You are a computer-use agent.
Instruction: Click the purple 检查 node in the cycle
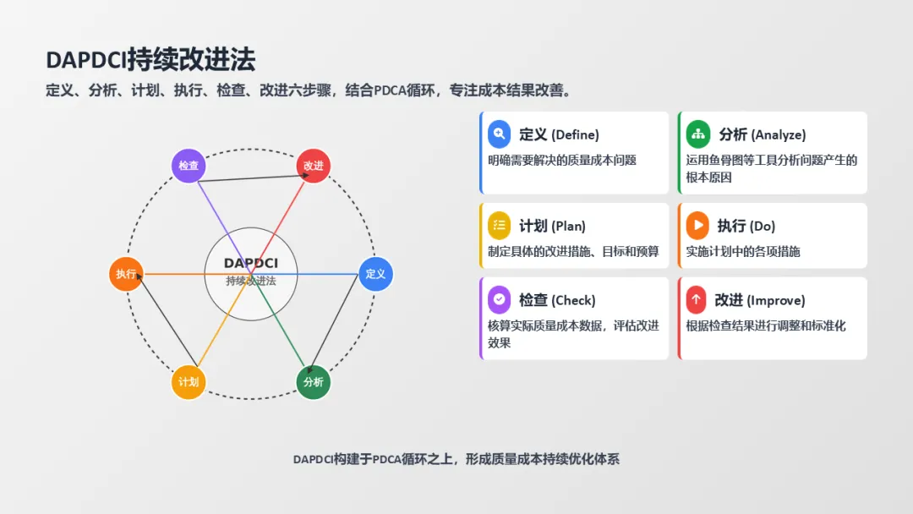coord(189,166)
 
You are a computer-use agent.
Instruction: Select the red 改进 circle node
coord(313,166)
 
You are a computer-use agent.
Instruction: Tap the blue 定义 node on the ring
coord(375,274)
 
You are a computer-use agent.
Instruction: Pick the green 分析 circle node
coord(313,382)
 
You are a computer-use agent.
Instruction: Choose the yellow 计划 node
coord(189,382)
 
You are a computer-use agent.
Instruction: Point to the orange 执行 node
coord(126,274)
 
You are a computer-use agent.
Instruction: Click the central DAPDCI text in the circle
coord(251,264)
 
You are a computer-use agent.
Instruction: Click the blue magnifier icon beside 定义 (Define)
coord(500,134)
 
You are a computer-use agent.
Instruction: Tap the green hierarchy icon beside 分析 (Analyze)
coord(698,134)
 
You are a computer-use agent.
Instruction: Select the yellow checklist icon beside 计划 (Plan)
coord(500,225)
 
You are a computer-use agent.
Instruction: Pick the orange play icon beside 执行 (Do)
coord(697,225)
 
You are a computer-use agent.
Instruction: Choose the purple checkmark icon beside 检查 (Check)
coord(500,299)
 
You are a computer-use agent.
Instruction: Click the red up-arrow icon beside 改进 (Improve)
coord(697,299)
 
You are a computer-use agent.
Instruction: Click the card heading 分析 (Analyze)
coord(762,134)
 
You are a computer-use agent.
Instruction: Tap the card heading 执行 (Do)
coord(746,226)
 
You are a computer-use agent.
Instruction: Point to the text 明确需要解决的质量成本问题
coord(562,160)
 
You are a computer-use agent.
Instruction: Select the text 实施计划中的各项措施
coord(743,251)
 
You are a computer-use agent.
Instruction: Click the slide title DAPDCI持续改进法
coord(150,60)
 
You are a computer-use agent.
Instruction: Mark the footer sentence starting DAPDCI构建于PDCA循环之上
coord(456,459)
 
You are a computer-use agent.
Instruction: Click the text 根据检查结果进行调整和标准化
coord(766,325)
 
